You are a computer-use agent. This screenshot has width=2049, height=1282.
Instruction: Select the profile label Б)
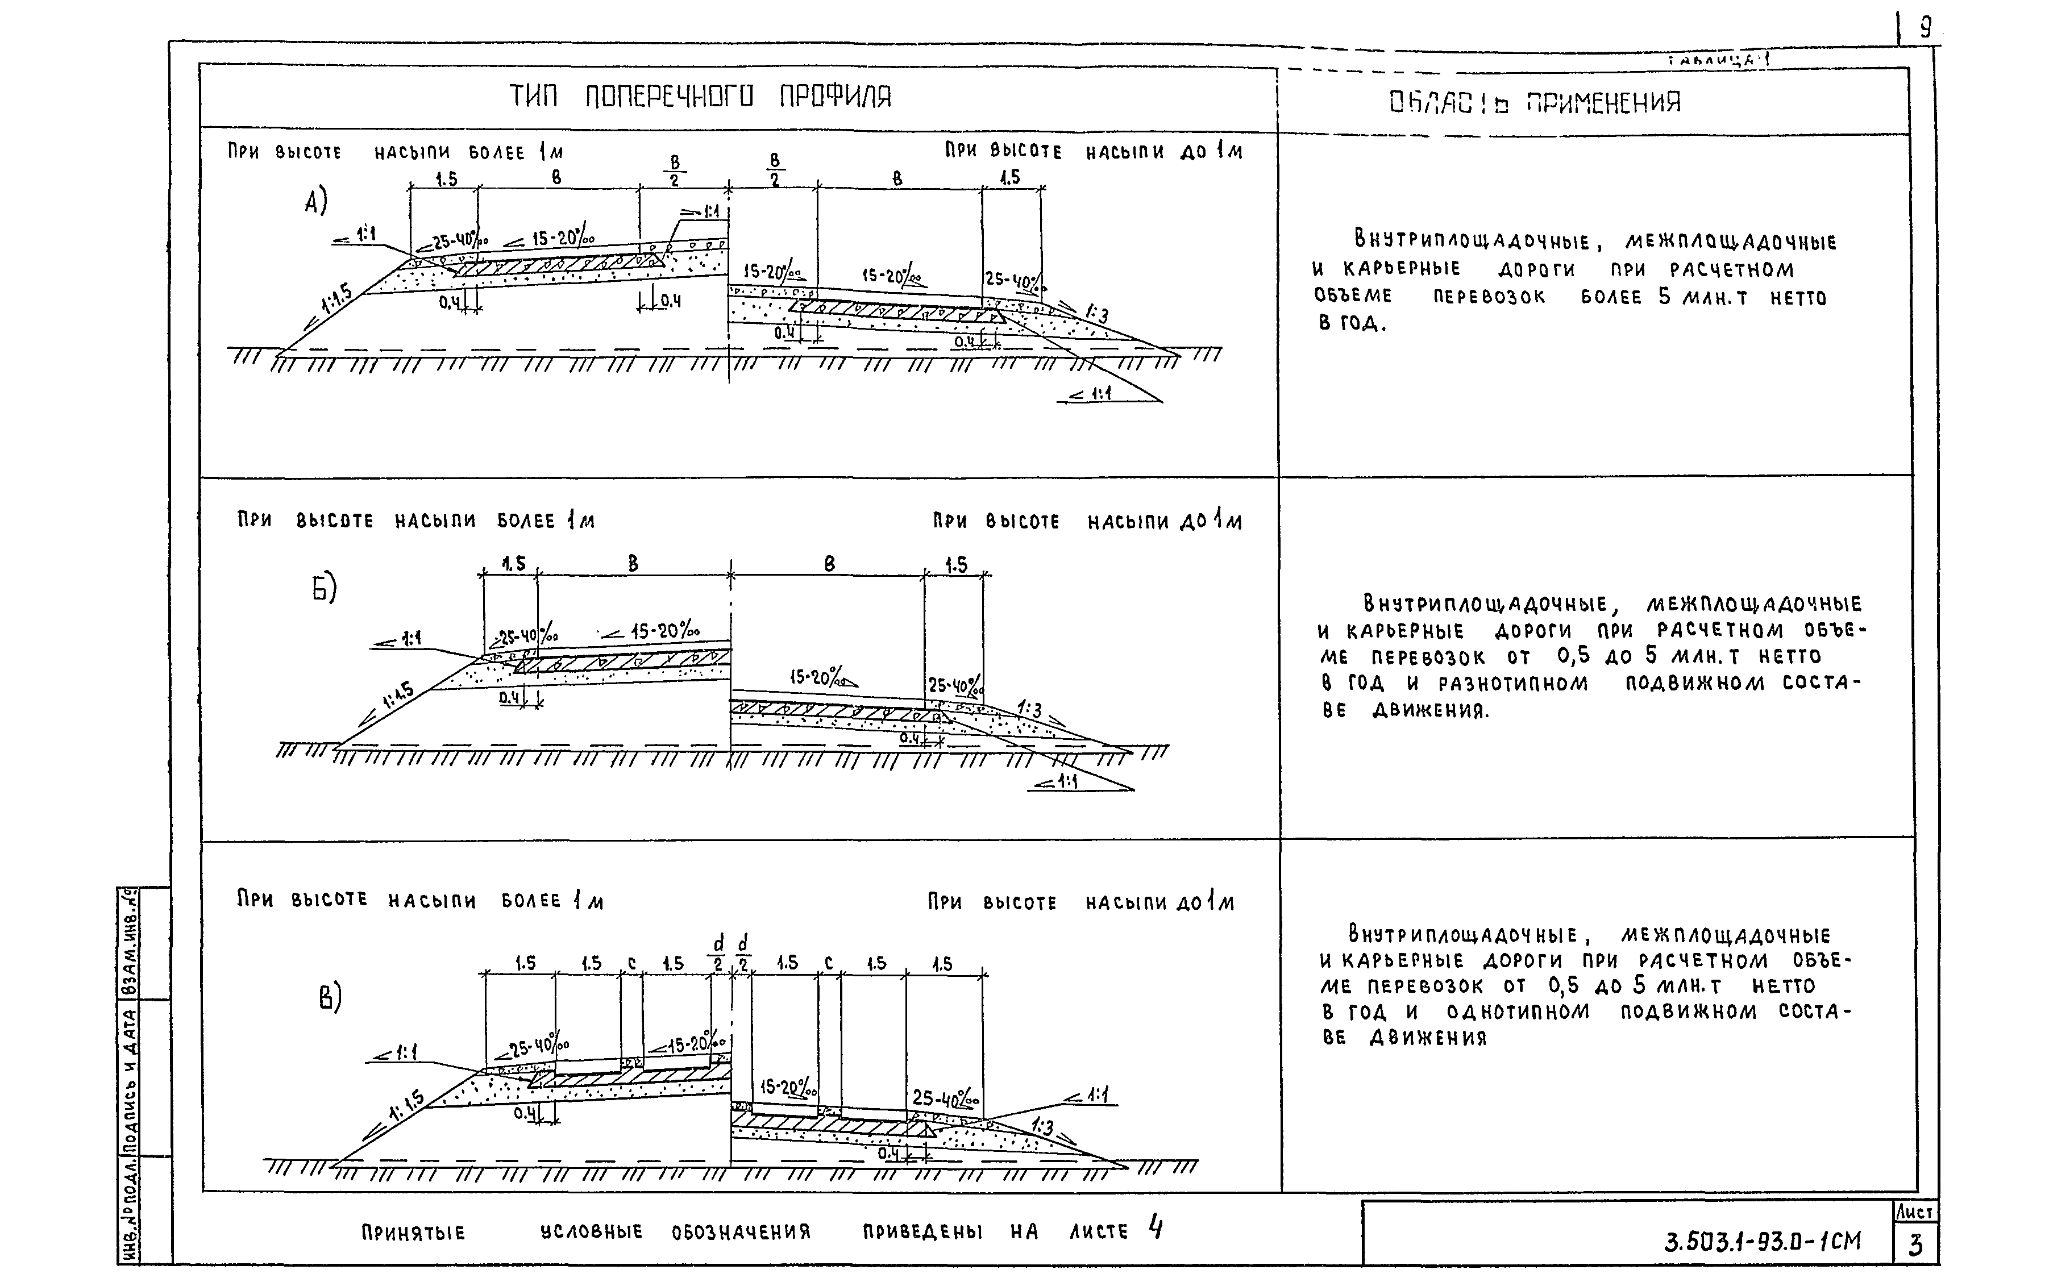click(324, 588)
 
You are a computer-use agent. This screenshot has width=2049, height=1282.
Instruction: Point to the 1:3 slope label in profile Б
click(1029, 709)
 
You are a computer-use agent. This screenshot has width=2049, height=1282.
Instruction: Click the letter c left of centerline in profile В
click(631, 963)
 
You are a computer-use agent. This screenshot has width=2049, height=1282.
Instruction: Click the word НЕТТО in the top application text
click(1798, 298)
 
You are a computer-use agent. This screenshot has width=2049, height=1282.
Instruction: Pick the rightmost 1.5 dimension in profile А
click(1009, 177)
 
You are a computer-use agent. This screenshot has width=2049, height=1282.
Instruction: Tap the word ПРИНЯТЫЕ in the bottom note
click(413, 1233)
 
